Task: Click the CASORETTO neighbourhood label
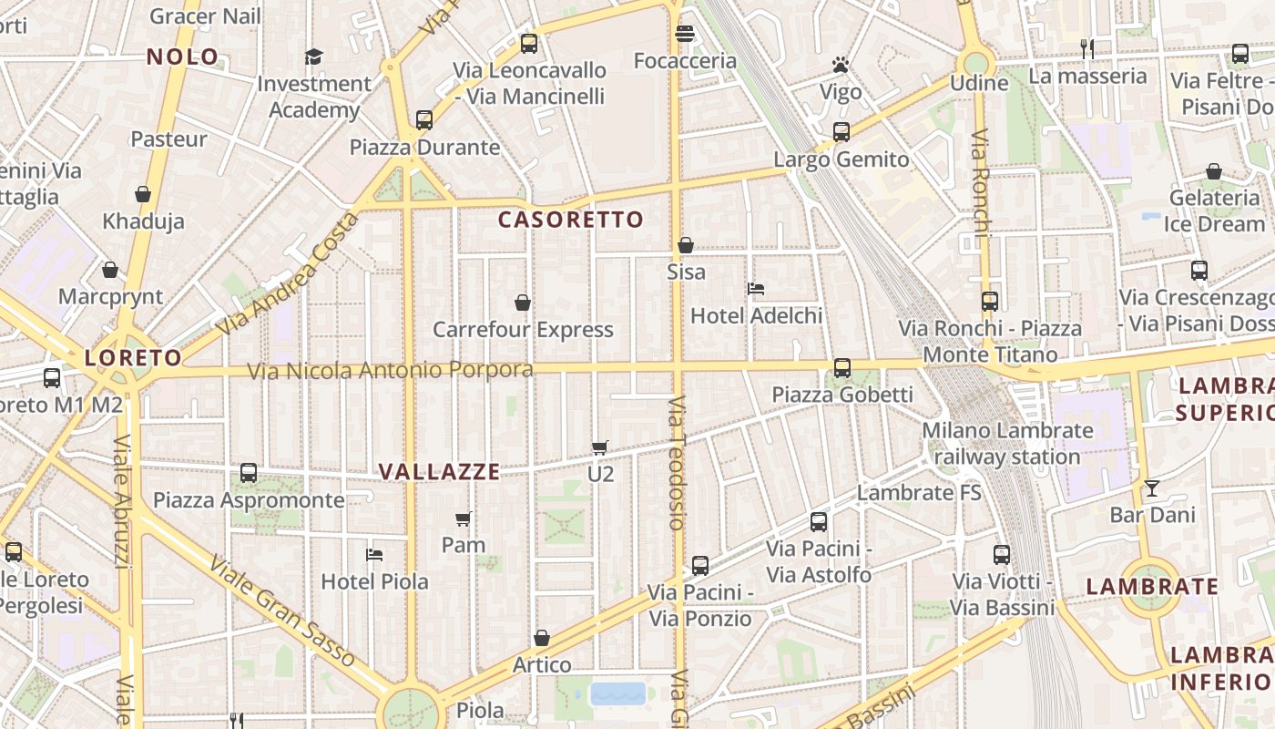point(571,220)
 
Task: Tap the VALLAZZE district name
point(439,471)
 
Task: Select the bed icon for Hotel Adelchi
point(755,289)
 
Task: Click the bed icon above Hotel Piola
point(373,554)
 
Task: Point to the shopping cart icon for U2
point(599,447)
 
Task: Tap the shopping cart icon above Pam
point(463,519)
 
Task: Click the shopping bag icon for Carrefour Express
point(523,303)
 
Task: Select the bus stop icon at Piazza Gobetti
point(842,368)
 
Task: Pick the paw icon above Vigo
point(840,65)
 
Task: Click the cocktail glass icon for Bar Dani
point(1152,488)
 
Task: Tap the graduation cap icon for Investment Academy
point(313,56)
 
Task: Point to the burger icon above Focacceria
point(685,35)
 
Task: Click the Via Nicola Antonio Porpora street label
point(390,370)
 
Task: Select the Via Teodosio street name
point(675,463)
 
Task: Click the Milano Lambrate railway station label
point(1006,443)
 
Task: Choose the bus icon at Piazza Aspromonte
point(249,473)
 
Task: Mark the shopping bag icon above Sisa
point(686,245)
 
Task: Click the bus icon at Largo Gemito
point(841,132)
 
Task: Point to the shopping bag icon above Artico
point(542,638)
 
